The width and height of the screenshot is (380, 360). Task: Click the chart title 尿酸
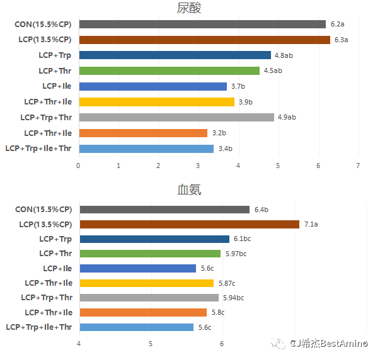pyautogui.click(x=190, y=8)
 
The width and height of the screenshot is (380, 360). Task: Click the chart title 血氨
pyautogui.click(x=189, y=189)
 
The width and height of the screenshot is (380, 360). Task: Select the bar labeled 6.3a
pyautogui.click(x=204, y=40)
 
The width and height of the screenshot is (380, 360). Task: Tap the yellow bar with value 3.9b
pyautogui.click(x=156, y=102)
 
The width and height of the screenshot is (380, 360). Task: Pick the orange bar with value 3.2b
pyautogui.click(x=143, y=133)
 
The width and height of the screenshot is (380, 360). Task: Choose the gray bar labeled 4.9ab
pyautogui.click(x=176, y=117)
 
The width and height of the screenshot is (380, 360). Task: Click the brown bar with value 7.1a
pyautogui.click(x=189, y=224)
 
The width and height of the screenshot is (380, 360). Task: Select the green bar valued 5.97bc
pyautogui.click(x=150, y=254)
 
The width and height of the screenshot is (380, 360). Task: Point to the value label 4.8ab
pyautogui.click(x=284, y=55)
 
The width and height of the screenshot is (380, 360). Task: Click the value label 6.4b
pyautogui.click(x=262, y=210)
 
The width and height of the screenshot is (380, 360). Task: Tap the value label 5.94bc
pyautogui.click(x=233, y=298)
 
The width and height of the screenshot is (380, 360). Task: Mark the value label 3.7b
pyautogui.click(x=238, y=86)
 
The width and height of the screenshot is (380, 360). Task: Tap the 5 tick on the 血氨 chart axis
pyautogui.click(x=151, y=343)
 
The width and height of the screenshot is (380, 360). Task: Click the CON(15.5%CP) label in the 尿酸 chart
pyautogui.click(x=43, y=24)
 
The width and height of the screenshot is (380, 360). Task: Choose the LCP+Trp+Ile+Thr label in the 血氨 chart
pyautogui.click(x=38, y=327)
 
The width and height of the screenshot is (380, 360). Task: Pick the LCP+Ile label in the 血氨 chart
pyautogui.click(x=57, y=268)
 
